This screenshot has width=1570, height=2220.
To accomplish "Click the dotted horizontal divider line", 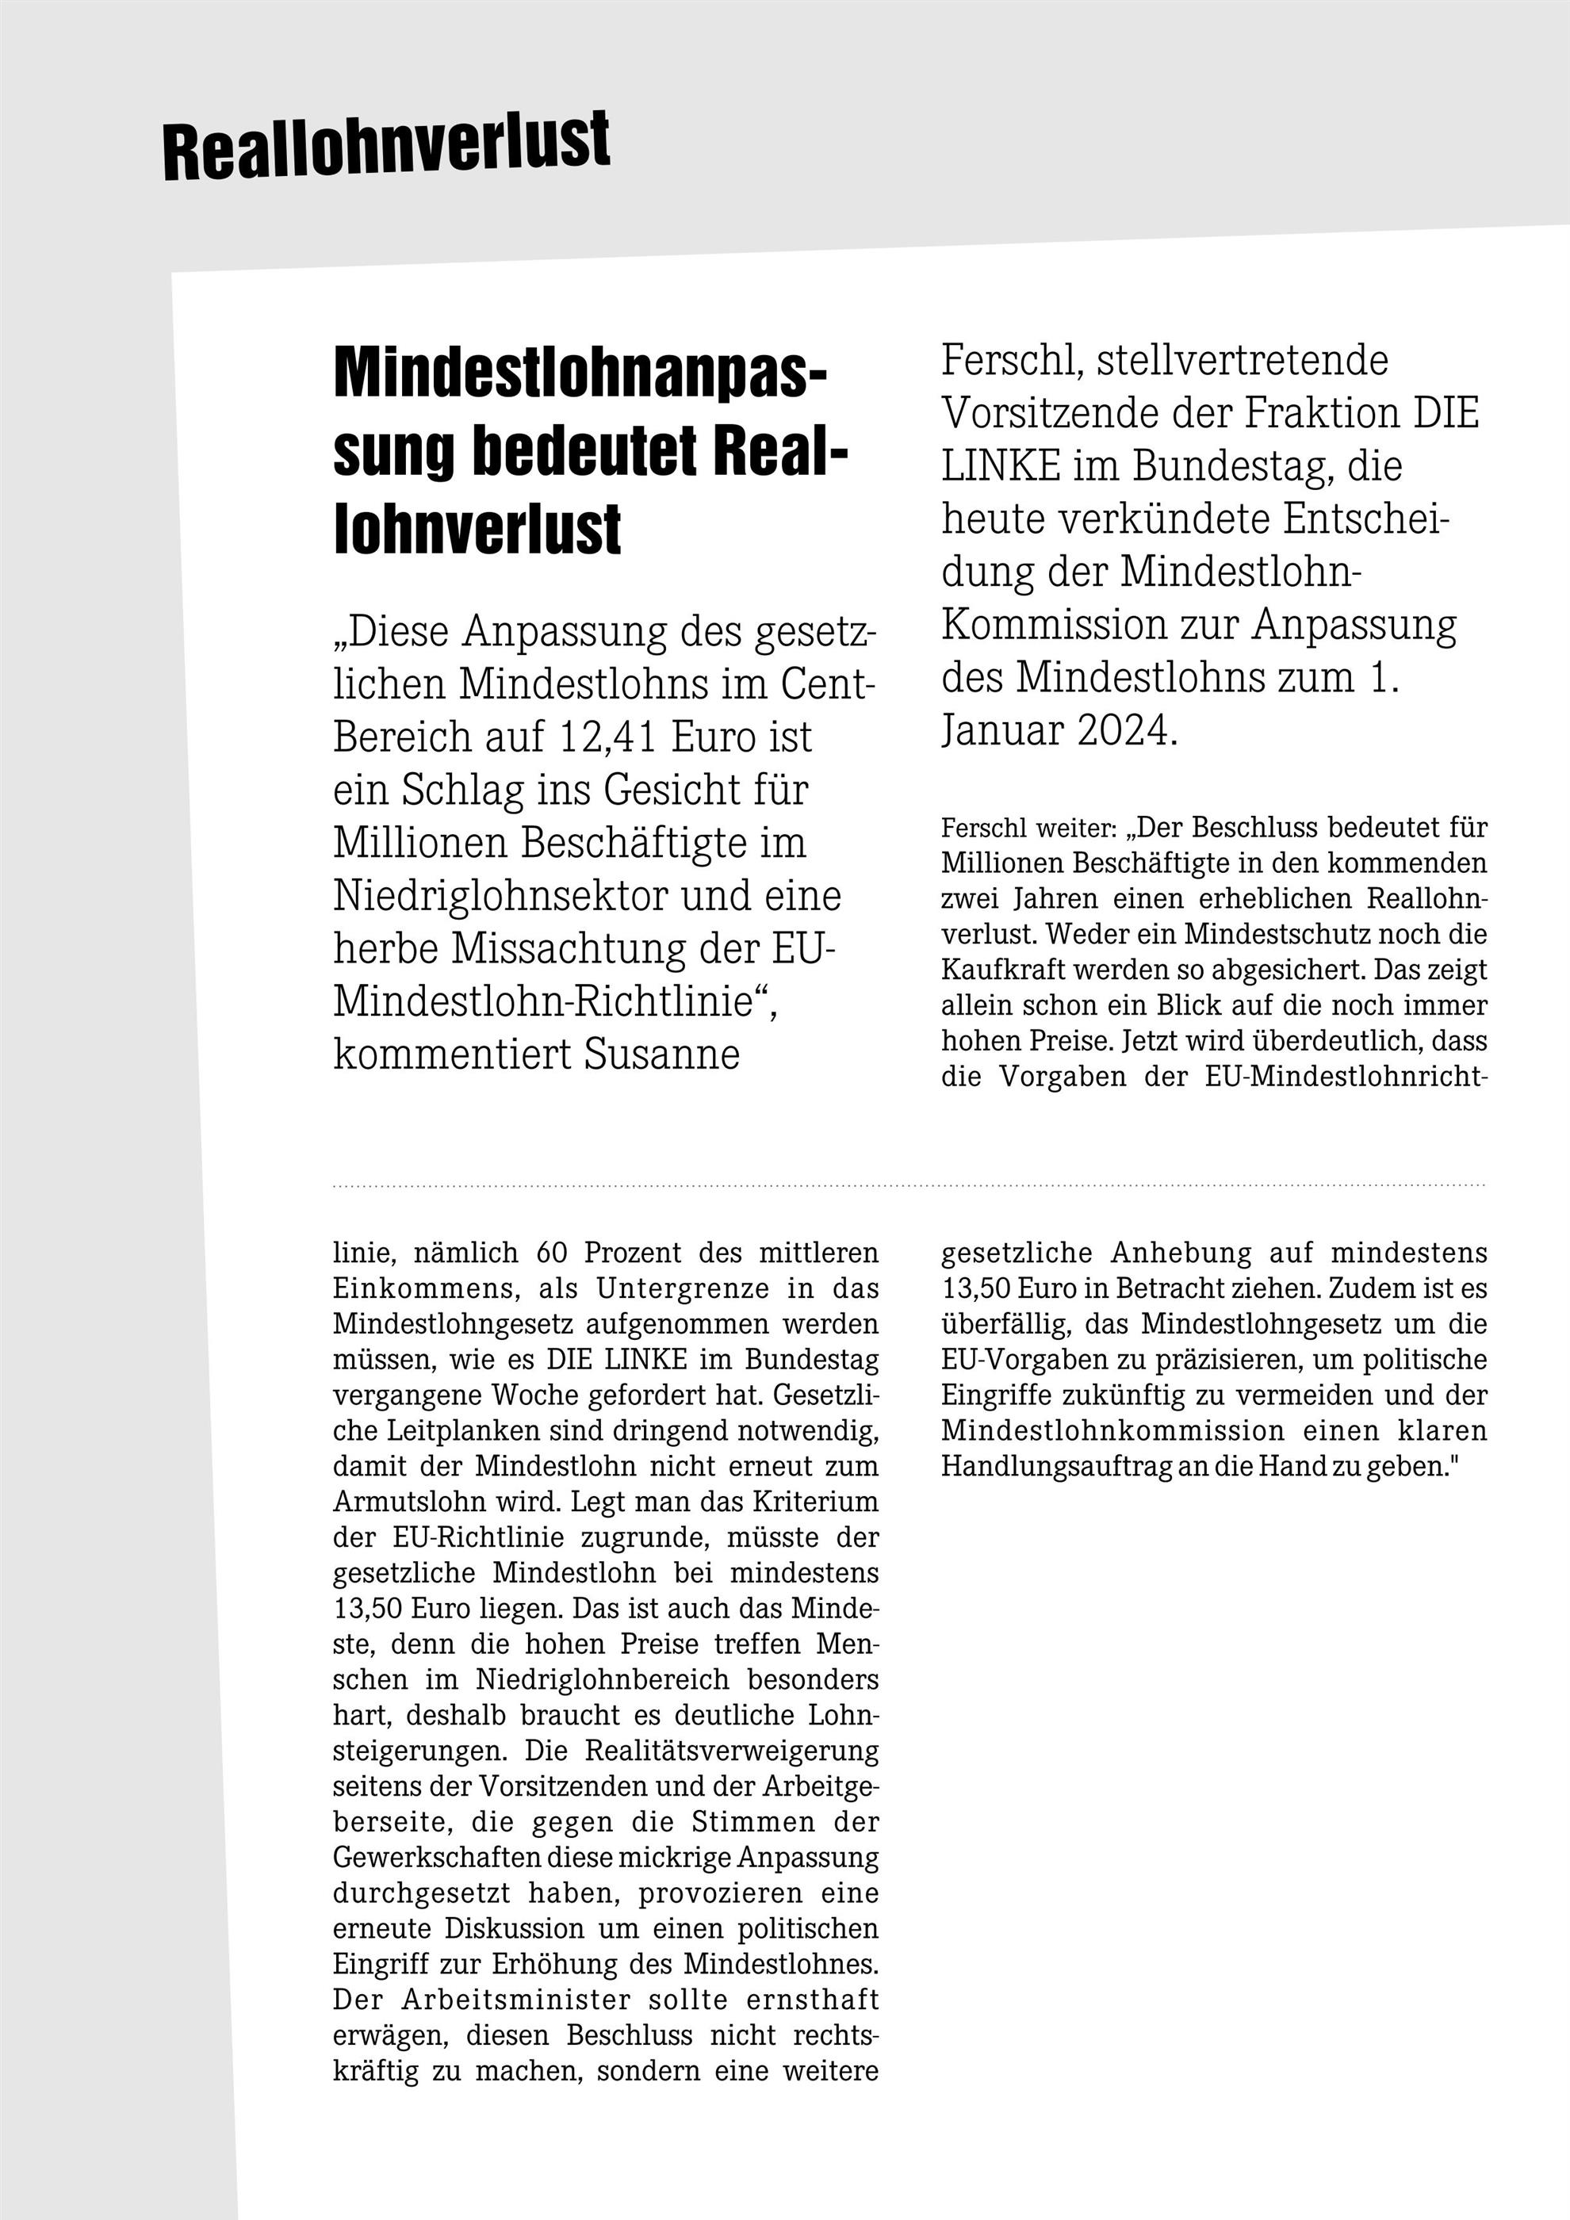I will coord(909,1185).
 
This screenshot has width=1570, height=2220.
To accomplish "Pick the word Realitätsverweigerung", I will coord(732,1751).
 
